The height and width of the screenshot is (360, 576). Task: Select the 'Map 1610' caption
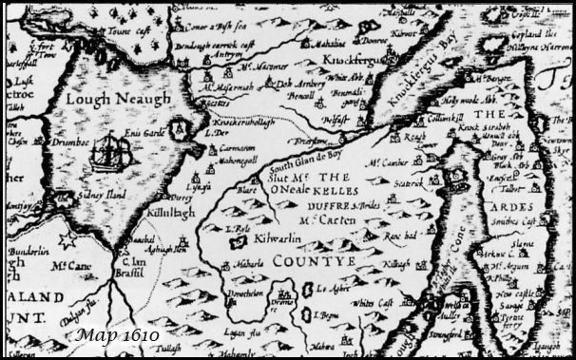click(x=119, y=334)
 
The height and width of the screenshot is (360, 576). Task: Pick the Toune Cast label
click(x=134, y=29)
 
